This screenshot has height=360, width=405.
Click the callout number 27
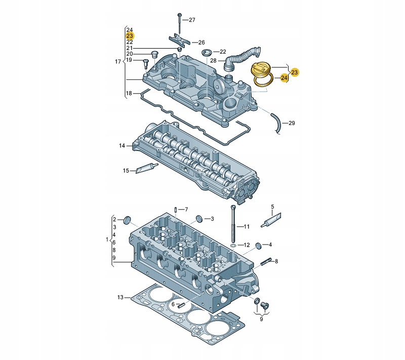pyautogui.click(x=191, y=20)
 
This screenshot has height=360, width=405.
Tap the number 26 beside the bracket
pyautogui.click(x=201, y=43)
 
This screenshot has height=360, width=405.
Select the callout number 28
pyautogui.click(x=213, y=61)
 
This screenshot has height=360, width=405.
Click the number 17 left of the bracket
pyautogui.click(x=118, y=62)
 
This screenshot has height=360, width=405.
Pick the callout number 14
pyautogui.click(x=121, y=146)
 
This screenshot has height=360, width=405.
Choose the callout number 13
pyautogui.click(x=120, y=297)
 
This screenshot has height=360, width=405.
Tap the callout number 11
pyautogui.click(x=247, y=226)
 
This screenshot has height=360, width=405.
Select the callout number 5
pyautogui.click(x=272, y=207)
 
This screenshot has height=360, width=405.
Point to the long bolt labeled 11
pyautogui.click(x=233, y=225)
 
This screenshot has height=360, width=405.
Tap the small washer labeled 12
pyautogui.click(x=233, y=246)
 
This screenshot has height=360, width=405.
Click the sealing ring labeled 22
pyautogui.click(x=206, y=53)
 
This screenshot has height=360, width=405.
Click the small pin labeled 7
pyautogui.click(x=175, y=210)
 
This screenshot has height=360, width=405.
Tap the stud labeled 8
pyautogui.click(x=267, y=262)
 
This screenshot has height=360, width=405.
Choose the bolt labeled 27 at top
pyautogui.click(x=179, y=23)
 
